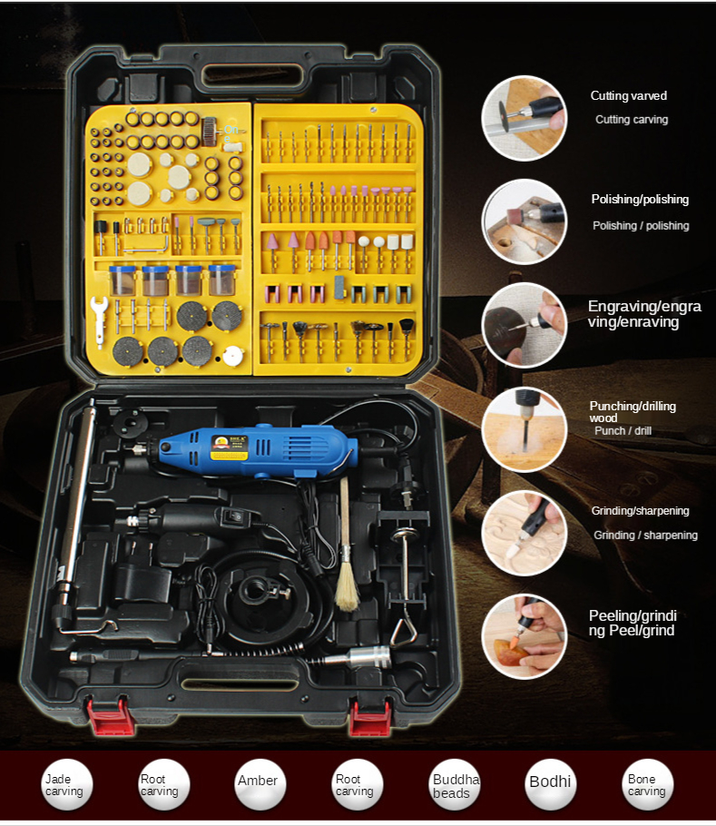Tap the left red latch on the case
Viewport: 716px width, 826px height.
(x=108, y=715)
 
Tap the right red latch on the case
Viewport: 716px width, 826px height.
(x=370, y=717)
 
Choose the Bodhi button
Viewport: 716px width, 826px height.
(x=551, y=784)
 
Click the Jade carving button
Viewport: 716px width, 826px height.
(x=66, y=784)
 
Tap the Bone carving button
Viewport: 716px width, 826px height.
(x=648, y=784)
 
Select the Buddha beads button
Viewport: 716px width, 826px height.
(x=454, y=784)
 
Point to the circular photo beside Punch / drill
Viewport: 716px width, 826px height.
(x=525, y=428)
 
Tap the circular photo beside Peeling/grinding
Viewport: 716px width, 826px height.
(x=525, y=636)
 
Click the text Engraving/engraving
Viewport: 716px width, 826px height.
(x=644, y=314)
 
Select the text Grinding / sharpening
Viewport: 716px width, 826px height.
(x=645, y=536)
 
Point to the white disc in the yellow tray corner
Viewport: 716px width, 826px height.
(x=232, y=356)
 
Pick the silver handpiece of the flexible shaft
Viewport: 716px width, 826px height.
(x=358, y=658)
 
